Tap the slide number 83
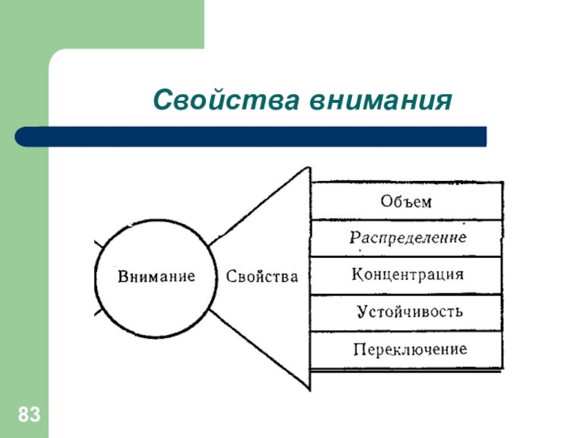pyautogui.click(x=28, y=417)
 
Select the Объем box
pyautogui.click(x=406, y=201)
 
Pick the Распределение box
pyautogui.click(x=406, y=238)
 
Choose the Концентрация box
pyautogui.click(x=406, y=275)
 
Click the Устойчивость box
pyautogui.click(x=406, y=312)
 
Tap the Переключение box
pyautogui.click(x=406, y=349)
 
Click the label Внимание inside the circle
pyautogui.click(x=156, y=277)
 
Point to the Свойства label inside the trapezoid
pyautogui.click(x=262, y=277)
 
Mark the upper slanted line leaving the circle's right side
pyautogui.click(x=248, y=212)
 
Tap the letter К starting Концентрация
pyautogui.click(x=358, y=275)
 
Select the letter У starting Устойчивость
pyautogui.click(x=361, y=312)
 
